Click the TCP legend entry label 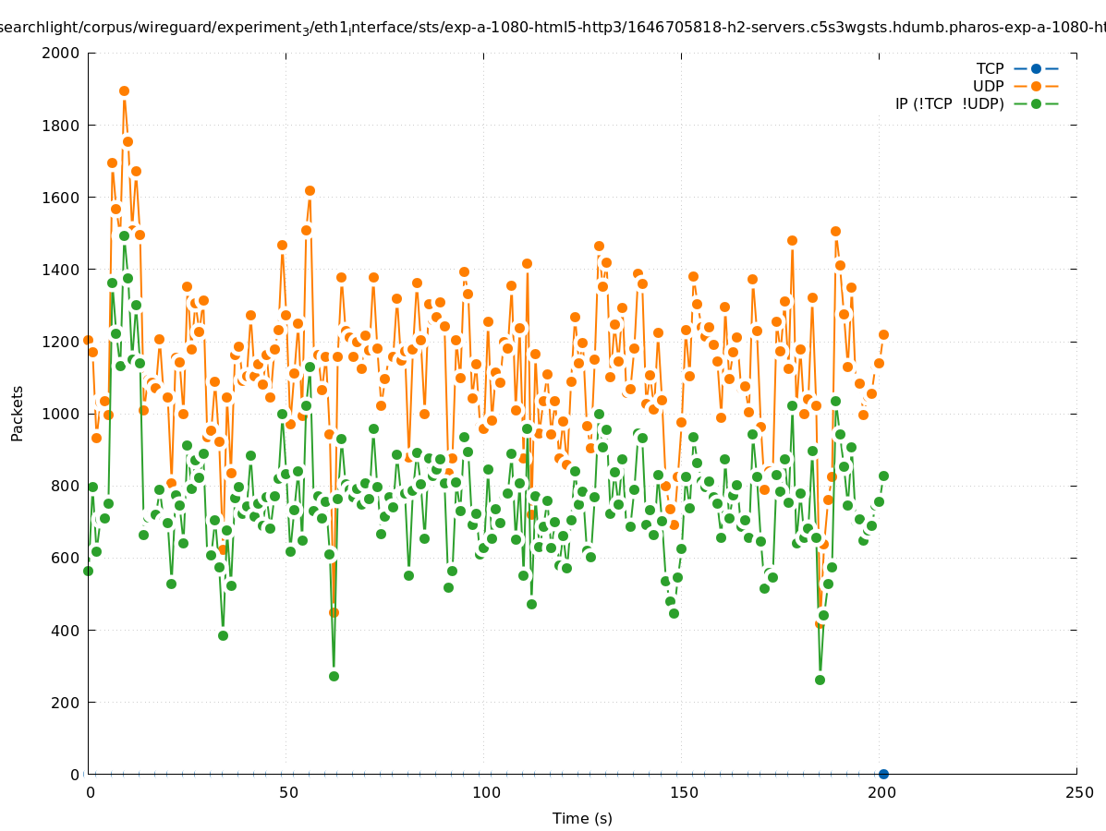pos(990,68)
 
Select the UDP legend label pos(988,86)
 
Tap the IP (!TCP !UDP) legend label pos(949,103)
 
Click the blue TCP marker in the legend pos(1036,68)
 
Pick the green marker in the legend pos(1036,103)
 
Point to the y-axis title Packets pos(18,413)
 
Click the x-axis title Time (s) pos(582,818)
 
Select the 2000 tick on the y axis pos(61,53)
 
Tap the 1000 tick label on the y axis pos(61,414)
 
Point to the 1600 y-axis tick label pos(61,198)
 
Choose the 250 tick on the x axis pos(1077,792)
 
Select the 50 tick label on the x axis pos(287,792)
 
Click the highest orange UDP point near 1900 pos(124,90)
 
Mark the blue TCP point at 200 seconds pos(883,774)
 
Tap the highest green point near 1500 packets pos(124,235)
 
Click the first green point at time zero pos(88,571)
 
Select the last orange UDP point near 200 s pos(883,334)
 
